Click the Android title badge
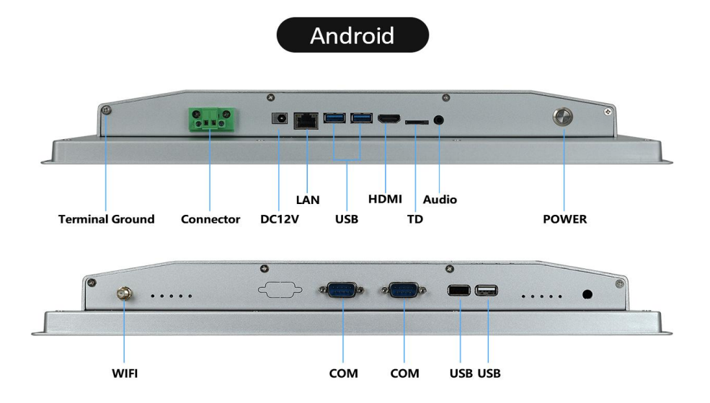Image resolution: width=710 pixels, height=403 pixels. [x=352, y=35]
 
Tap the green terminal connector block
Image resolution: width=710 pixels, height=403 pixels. [x=210, y=120]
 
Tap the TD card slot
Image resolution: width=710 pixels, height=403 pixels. [x=416, y=123]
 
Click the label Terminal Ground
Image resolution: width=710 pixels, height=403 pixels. [x=106, y=219]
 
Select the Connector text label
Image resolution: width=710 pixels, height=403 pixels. [x=210, y=219]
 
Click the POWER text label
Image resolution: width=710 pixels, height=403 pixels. [x=564, y=219]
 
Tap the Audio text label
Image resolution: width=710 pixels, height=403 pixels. [x=440, y=199]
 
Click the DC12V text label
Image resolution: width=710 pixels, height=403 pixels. [x=279, y=219]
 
